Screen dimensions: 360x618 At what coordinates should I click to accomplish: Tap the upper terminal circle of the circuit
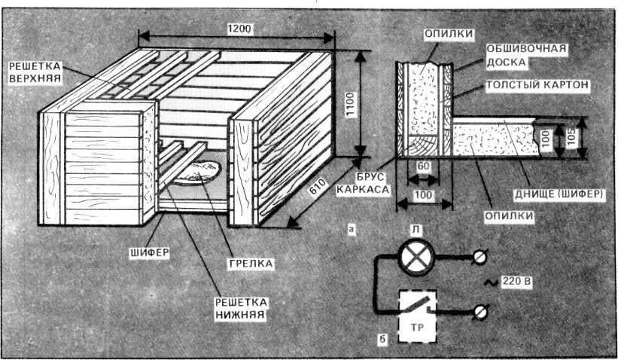[479, 258]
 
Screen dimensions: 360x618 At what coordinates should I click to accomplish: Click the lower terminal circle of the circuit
[479, 310]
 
